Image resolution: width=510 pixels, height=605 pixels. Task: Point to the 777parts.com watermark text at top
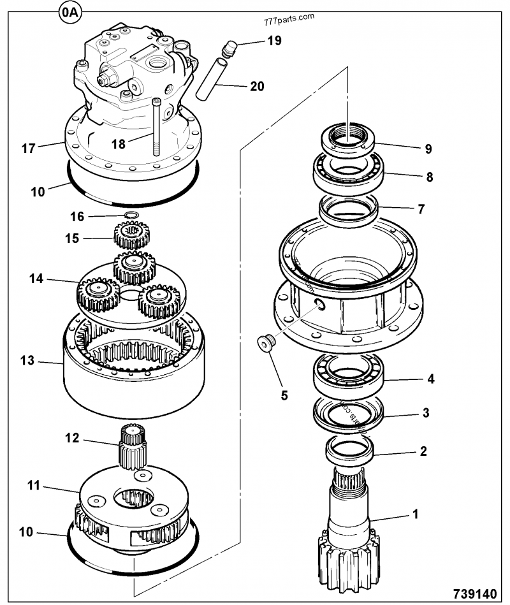coord(288,17)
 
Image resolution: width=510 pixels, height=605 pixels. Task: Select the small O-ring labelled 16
coord(131,215)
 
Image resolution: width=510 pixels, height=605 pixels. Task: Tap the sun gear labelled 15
coord(132,237)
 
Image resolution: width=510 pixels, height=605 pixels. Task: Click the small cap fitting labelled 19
coord(229,47)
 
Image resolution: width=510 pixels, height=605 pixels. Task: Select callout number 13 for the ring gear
coord(27,361)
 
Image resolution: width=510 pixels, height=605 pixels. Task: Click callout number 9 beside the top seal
coord(428,149)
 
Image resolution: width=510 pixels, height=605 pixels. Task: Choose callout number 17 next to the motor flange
coord(28,149)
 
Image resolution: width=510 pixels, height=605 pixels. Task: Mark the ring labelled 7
coord(349,211)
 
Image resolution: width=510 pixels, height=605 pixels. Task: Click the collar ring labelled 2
coord(349,451)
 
